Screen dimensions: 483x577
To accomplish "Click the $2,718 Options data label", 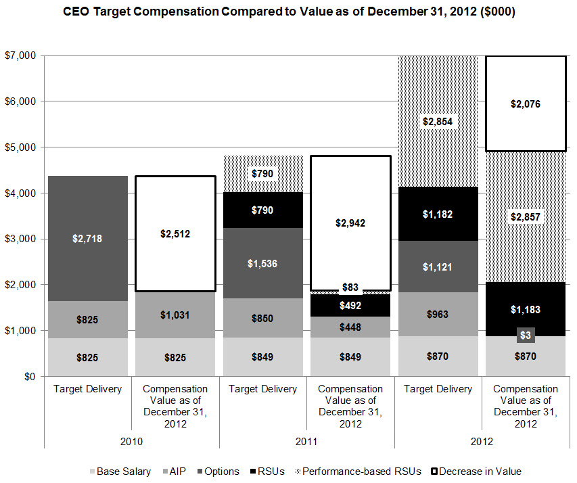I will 88,239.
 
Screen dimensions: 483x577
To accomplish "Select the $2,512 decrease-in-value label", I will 175,234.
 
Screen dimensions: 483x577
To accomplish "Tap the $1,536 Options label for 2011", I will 263,264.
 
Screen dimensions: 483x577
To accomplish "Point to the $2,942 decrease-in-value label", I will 350,223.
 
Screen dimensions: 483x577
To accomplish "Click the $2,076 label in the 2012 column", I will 526,104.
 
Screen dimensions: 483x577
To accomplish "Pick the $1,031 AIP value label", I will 175,314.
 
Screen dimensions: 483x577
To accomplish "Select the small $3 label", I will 526,335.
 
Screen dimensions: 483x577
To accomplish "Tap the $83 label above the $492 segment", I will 350,287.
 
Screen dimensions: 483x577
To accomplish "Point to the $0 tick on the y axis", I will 28,377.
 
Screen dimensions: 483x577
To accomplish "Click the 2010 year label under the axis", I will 131,440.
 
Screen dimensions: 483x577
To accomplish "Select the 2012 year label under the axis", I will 482,440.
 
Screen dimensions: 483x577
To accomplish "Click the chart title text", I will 289,13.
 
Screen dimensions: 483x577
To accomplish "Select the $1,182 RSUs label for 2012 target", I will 438,214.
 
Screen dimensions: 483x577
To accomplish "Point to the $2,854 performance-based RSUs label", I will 438,122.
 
